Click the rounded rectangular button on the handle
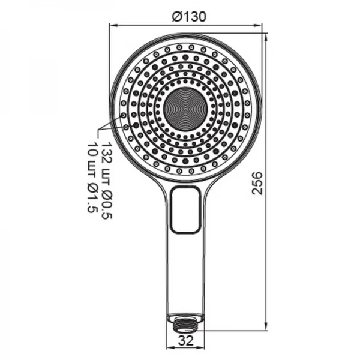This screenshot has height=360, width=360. (185, 209)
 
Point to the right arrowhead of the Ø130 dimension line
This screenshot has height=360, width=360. (260, 26)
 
